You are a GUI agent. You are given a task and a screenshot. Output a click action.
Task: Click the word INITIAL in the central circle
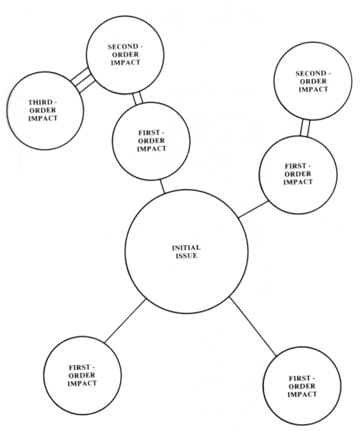click(x=186, y=248)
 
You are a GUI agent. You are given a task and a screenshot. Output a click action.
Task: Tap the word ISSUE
click(x=186, y=256)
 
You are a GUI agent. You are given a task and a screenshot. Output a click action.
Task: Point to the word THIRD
click(x=42, y=103)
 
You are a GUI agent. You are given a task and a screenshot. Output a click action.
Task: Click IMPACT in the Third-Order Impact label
click(x=43, y=118)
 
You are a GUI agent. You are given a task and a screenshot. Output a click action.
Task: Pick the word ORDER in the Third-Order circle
click(x=42, y=110)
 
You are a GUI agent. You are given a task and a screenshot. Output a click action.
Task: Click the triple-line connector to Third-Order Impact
click(x=82, y=80)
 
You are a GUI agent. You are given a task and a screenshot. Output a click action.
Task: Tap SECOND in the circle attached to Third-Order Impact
click(x=122, y=47)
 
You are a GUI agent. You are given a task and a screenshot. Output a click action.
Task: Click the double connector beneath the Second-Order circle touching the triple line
click(x=138, y=99)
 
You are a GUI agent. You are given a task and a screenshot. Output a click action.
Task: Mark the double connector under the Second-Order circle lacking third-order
click(x=305, y=128)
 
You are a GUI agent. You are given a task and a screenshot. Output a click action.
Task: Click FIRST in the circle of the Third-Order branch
click(x=149, y=133)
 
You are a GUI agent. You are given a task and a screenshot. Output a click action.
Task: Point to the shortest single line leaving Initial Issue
click(x=162, y=187)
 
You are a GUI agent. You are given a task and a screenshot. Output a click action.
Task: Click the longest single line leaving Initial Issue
click(x=253, y=326)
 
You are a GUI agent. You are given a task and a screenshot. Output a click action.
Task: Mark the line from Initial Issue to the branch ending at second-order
click(x=253, y=209)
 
